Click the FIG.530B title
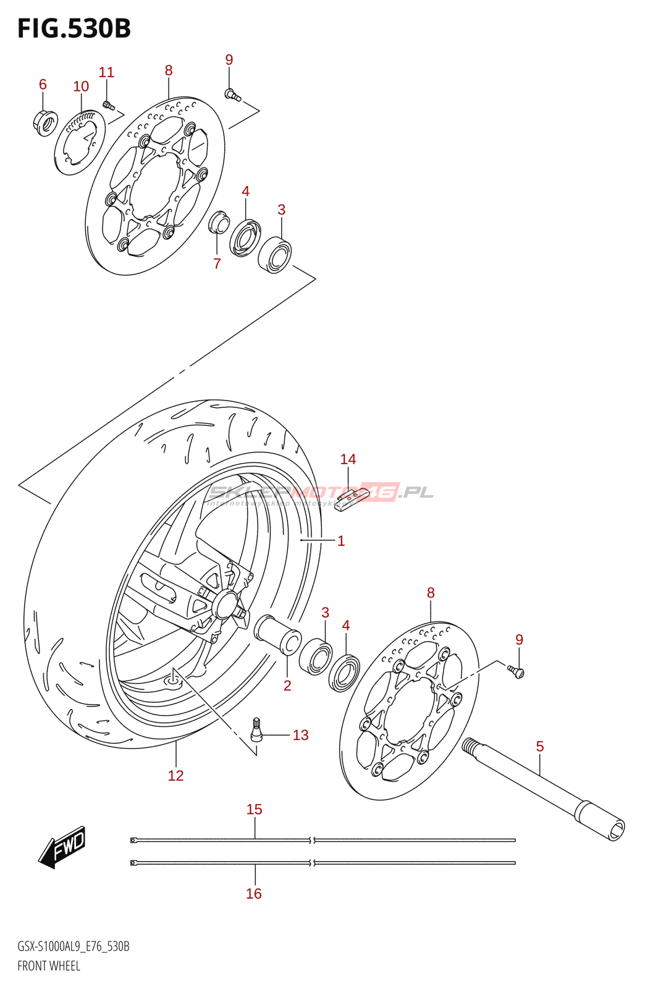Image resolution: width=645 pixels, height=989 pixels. [74, 28]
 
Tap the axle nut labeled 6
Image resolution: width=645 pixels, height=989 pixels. [44, 122]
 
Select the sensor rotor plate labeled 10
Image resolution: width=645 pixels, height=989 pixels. [80, 143]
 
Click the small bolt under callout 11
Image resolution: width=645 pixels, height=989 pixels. [108, 105]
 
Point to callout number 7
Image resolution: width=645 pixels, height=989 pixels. [217, 264]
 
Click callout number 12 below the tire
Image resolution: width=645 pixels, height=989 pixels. [176, 776]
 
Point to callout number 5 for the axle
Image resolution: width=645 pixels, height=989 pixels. [540, 747]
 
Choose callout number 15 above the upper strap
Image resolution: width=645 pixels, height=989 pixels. [255, 809]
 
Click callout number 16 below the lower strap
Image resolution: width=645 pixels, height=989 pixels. [254, 893]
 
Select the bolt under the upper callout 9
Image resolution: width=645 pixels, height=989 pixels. [232, 95]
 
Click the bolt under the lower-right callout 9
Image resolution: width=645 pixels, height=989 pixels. [516, 671]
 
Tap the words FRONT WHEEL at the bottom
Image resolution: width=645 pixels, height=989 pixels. [49, 966]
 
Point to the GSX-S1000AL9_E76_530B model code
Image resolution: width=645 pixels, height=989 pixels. [73, 946]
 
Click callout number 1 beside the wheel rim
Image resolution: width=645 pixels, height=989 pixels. [341, 541]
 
